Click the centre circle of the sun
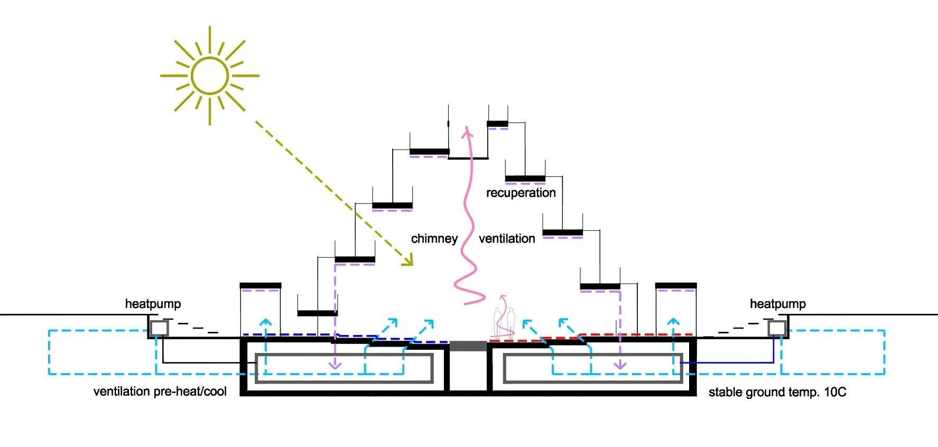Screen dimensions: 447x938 point(210,76)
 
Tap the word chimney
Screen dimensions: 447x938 point(434,239)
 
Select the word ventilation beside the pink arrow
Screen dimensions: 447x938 point(507,239)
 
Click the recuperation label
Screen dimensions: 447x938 point(521,193)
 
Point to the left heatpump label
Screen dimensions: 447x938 point(153,304)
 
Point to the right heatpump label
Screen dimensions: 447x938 point(777,304)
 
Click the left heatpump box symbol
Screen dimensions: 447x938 point(159,329)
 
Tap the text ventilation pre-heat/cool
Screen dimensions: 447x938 point(160,392)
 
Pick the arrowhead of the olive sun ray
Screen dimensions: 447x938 point(408,260)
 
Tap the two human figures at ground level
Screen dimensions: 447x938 point(504,323)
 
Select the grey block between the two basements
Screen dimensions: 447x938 point(468,347)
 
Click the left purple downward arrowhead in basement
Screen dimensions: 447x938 point(335,365)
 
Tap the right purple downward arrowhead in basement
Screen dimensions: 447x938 point(620,365)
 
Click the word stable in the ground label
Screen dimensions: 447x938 point(726,392)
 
